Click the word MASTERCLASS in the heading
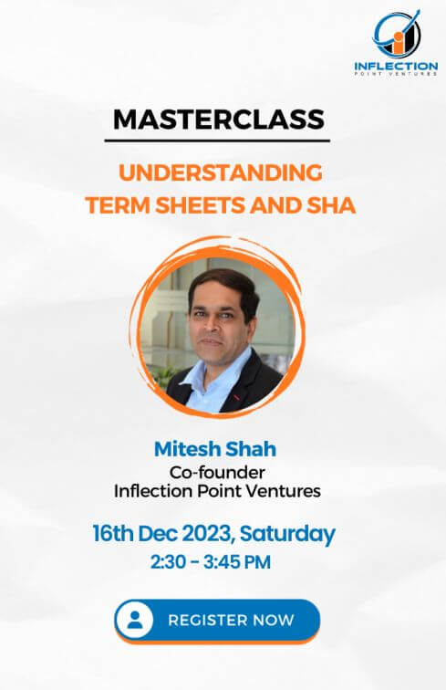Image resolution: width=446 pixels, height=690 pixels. [219, 120]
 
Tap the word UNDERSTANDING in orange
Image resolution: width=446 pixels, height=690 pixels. [221, 172]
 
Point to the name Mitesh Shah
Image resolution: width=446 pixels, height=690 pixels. [215, 449]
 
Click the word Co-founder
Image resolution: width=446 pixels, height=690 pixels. [217, 472]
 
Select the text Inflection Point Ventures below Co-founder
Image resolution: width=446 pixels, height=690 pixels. [217, 491]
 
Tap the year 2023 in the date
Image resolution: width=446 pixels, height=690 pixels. [206, 533]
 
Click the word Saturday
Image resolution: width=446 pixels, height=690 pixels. [287, 534]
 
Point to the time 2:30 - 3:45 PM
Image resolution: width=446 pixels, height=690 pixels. [211, 562]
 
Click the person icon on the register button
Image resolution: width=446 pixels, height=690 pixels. [135, 620]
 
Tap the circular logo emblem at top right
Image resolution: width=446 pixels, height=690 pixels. [397, 33]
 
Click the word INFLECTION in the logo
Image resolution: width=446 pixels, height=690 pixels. [396, 67]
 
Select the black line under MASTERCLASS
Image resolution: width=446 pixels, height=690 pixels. [217, 141]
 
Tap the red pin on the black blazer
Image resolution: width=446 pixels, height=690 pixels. [236, 397]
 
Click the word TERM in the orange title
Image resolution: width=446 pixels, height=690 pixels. [118, 205]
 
